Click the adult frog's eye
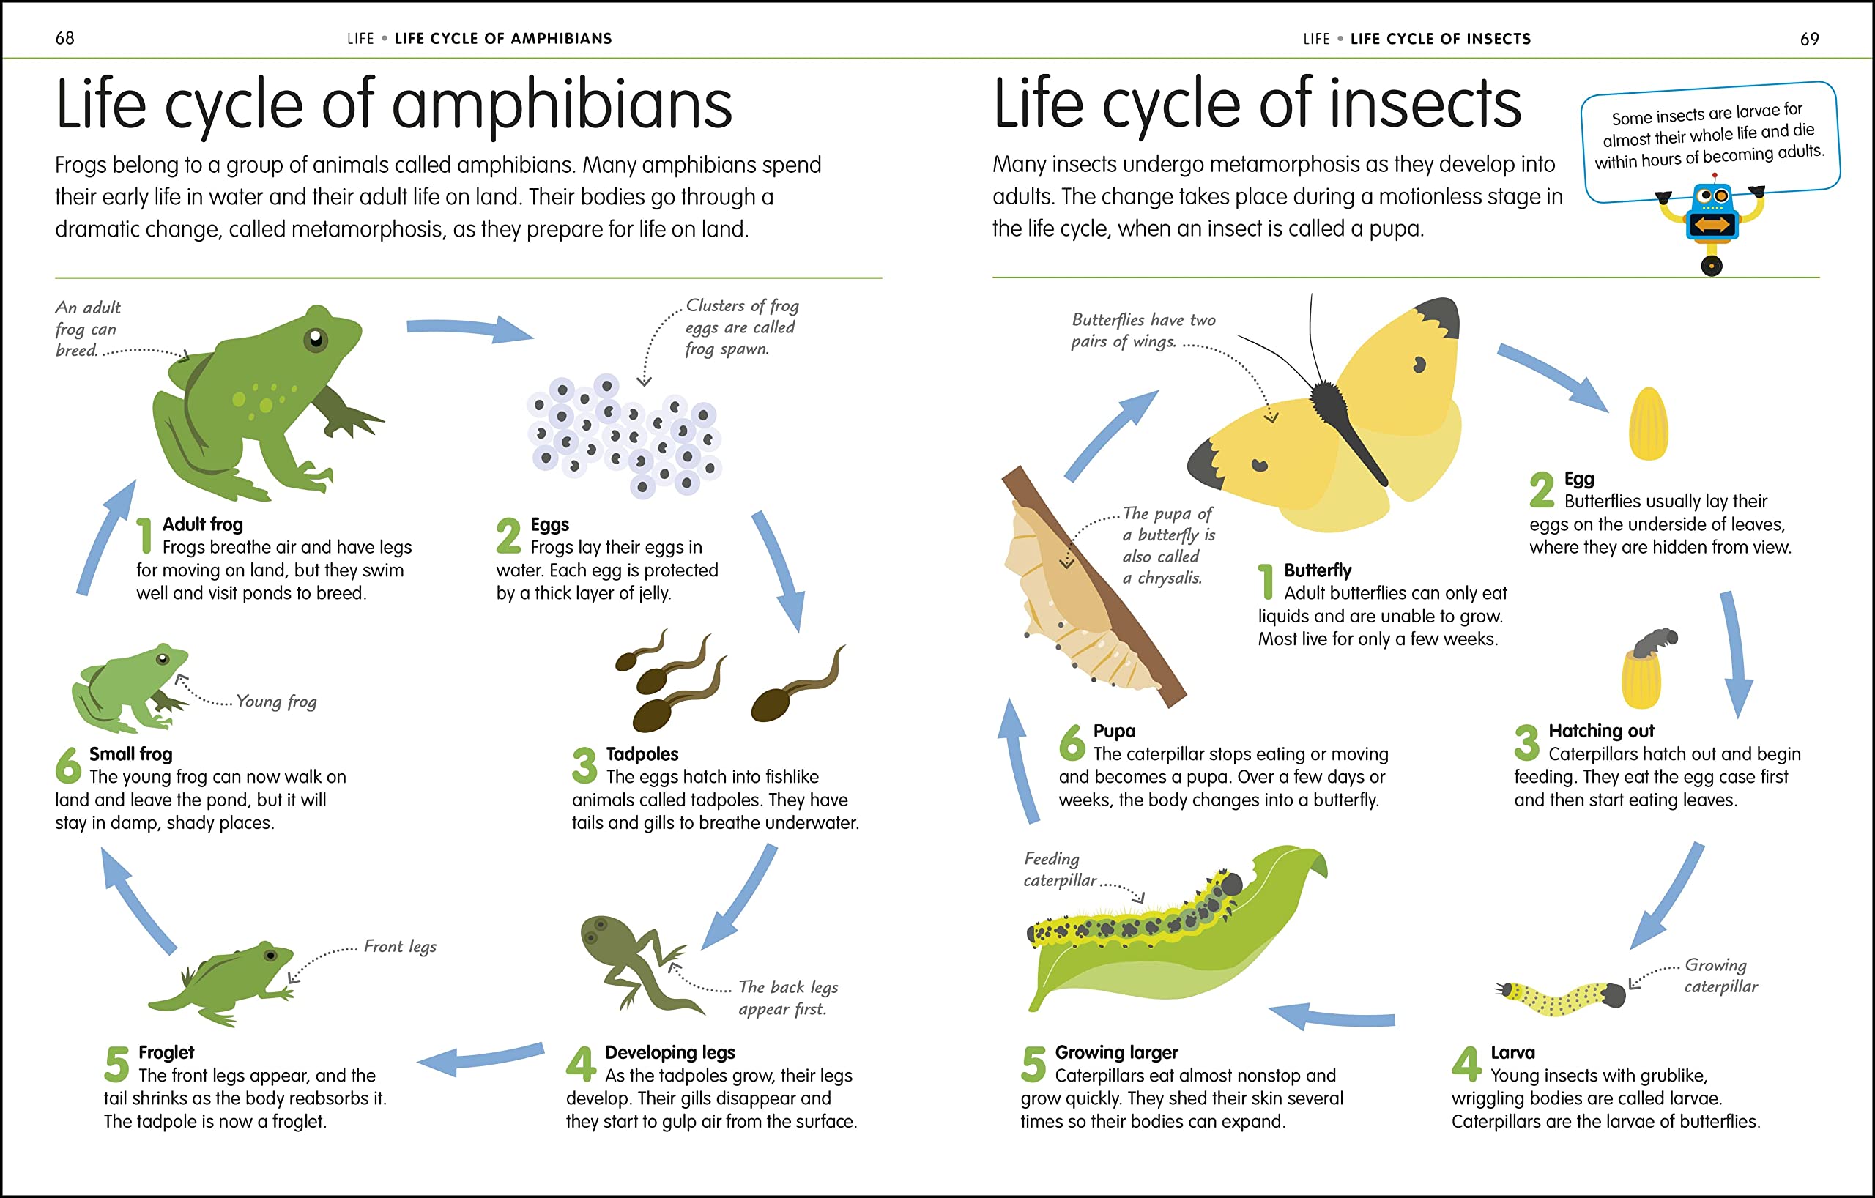(316, 338)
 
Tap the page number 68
(64, 38)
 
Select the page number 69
(1810, 39)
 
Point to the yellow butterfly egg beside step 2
(1649, 423)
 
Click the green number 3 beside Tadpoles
(584, 764)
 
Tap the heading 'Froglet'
(166, 1052)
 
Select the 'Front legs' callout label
(400, 947)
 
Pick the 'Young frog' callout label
(276, 702)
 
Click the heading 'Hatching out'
(1601, 731)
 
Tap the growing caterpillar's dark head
(1614, 995)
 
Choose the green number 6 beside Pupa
(1072, 742)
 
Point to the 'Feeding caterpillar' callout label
(1059, 869)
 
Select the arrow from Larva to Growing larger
(1331, 1016)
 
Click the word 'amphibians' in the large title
(562, 105)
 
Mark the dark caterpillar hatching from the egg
(1654, 642)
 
